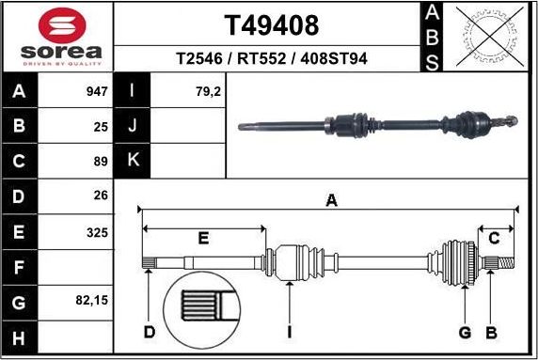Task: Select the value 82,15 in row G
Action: point(91,301)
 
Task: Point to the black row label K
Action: point(133,160)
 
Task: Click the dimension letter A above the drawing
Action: point(330,199)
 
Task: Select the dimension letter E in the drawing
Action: point(202,239)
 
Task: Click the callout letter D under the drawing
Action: point(149,332)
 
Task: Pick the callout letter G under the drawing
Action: point(464,332)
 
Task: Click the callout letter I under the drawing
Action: point(290,332)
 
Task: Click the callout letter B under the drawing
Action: point(490,332)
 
